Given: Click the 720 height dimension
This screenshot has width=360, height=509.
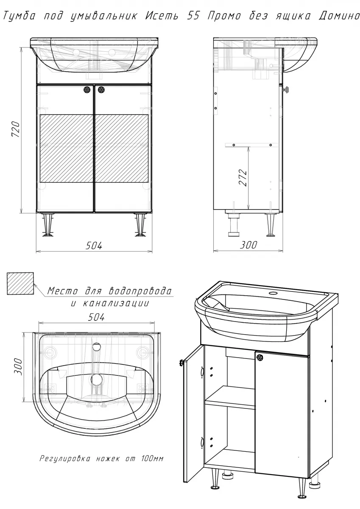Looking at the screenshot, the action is pyautogui.click(x=16, y=129).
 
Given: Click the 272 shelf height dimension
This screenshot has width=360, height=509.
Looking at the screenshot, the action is pyautogui.click(x=243, y=178).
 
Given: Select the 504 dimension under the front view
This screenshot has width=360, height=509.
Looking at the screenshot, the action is pyautogui.click(x=94, y=246).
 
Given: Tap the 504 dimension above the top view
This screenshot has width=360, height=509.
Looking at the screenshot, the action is pyautogui.click(x=97, y=317).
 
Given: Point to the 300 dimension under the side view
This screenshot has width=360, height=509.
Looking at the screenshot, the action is pyautogui.click(x=249, y=245).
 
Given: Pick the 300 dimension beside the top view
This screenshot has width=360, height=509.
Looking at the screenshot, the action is pyautogui.click(x=18, y=367).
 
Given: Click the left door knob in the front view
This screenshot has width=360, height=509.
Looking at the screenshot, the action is pyautogui.click(x=87, y=90).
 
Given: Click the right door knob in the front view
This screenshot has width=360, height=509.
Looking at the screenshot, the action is pyautogui.click(x=101, y=90).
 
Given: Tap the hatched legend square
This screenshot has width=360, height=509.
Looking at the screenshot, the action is pyautogui.click(x=20, y=283).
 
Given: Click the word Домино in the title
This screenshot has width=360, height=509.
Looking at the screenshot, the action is pyautogui.click(x=339, y=16).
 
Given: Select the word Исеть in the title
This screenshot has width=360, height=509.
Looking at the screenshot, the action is pyautogui.click(x=162, y=16).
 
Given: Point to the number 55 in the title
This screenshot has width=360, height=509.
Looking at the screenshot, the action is pyautogui.click(x=193, y=16).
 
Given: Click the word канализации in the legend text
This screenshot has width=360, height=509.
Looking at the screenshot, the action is pyautogui.click(x=116, y=303).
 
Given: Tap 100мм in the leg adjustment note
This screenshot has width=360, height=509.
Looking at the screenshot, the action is pyautogui.click(x=152, y=459).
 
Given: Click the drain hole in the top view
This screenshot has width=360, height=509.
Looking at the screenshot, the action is pyautogui.click(x=97, y=379).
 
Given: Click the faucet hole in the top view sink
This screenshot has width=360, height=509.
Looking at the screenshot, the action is pyautogui.click(x=97, y=347).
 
